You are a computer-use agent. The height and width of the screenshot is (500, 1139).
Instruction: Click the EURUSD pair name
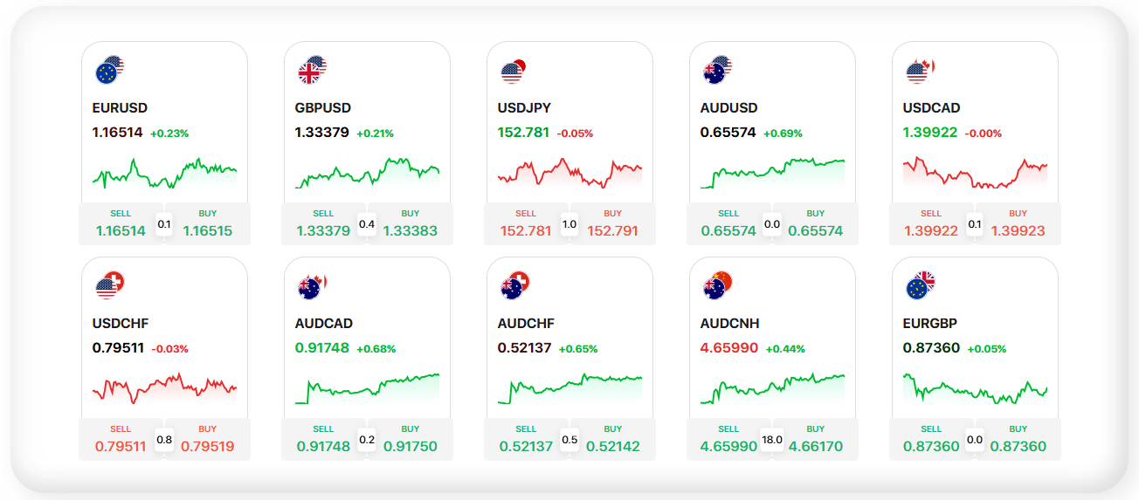coord(120,108)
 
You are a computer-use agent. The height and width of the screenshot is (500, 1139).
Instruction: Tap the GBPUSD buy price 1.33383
coord(410,231)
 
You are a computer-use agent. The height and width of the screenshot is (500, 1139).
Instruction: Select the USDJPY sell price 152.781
coord(526,231)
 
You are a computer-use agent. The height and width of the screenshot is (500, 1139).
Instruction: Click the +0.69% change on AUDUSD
coord(783,134)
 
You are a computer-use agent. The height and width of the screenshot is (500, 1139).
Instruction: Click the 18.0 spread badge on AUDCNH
coord(772,440)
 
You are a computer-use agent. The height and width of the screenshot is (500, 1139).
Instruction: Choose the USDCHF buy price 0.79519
coord(207,447)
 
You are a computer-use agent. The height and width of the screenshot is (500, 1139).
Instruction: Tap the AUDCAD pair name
coord(322,324)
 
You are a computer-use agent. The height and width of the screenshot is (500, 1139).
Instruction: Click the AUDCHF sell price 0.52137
coord(526,447)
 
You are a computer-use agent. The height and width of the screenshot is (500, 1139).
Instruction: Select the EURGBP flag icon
coord(920,285)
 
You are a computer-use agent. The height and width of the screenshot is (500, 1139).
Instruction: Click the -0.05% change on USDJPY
coord(575,134)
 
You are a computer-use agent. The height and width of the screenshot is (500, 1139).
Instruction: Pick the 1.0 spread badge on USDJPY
coord(569,224)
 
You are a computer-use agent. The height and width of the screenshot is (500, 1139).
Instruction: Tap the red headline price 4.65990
coord(729,348)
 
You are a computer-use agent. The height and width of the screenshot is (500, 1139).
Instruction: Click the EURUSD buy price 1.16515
coord(207,231)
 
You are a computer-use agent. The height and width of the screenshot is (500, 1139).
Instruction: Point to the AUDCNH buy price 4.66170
coord(816,447)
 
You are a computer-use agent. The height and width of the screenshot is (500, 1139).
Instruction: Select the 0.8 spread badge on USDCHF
coord(164,440)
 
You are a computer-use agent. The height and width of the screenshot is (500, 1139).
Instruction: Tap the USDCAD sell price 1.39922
coord(931,231)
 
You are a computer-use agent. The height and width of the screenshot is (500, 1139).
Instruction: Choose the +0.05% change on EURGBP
coord(986,349)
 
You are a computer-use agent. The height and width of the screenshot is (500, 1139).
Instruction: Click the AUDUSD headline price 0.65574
coord(729,133)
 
